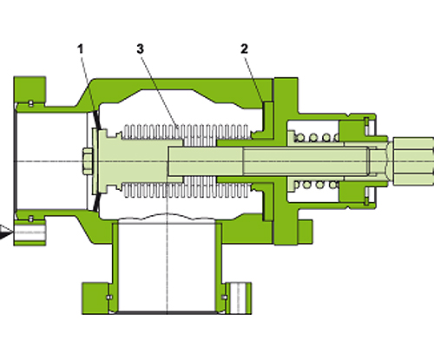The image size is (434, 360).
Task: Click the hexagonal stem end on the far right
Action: point(408,159)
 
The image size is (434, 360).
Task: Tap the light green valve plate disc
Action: point(102,160)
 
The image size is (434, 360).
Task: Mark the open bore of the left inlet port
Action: point(52,160)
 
